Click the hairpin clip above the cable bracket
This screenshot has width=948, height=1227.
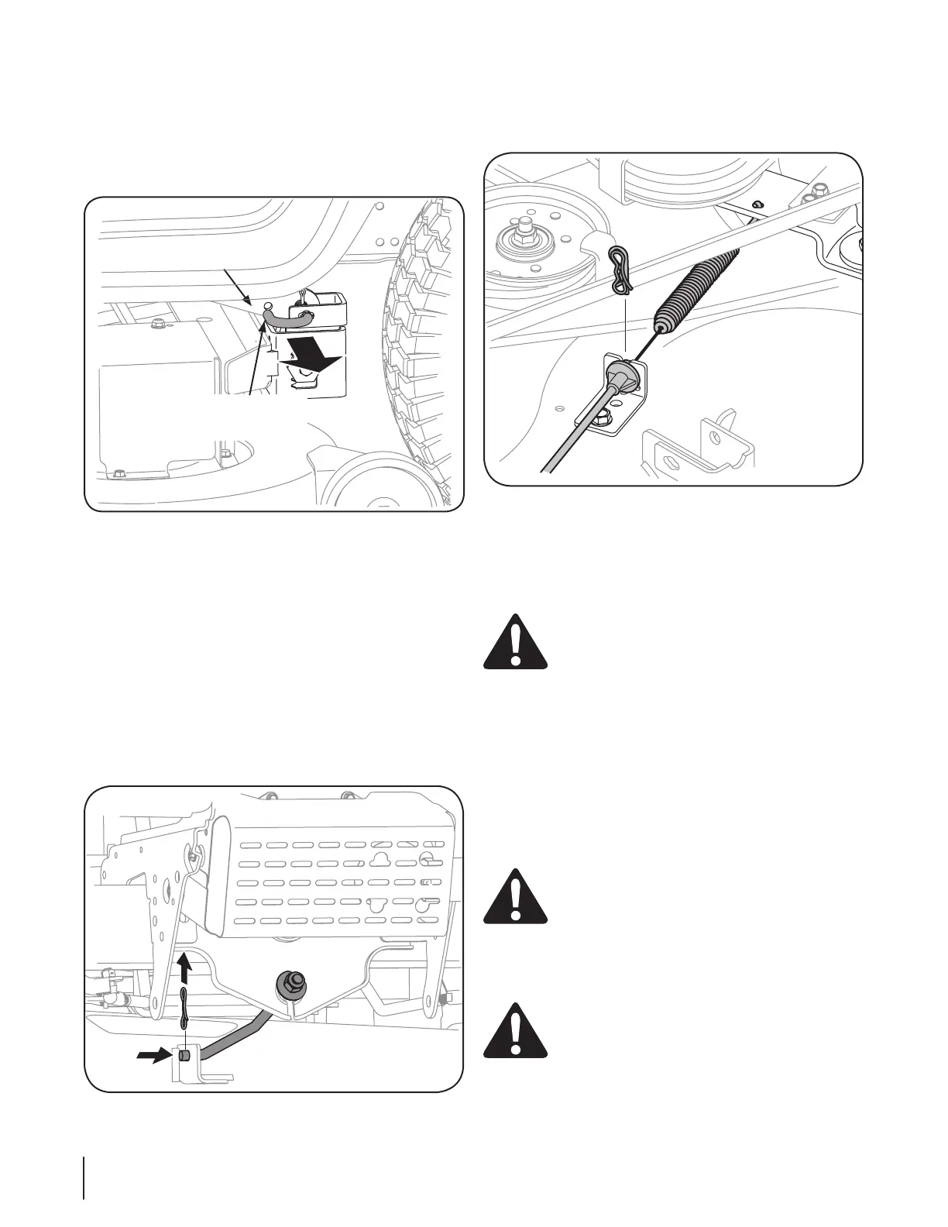click(620, 270)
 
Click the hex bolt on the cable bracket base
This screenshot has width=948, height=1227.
click(603, 421)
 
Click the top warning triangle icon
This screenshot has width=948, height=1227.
click(515, 641)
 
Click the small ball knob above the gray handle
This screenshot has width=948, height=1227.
click(268, 306)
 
